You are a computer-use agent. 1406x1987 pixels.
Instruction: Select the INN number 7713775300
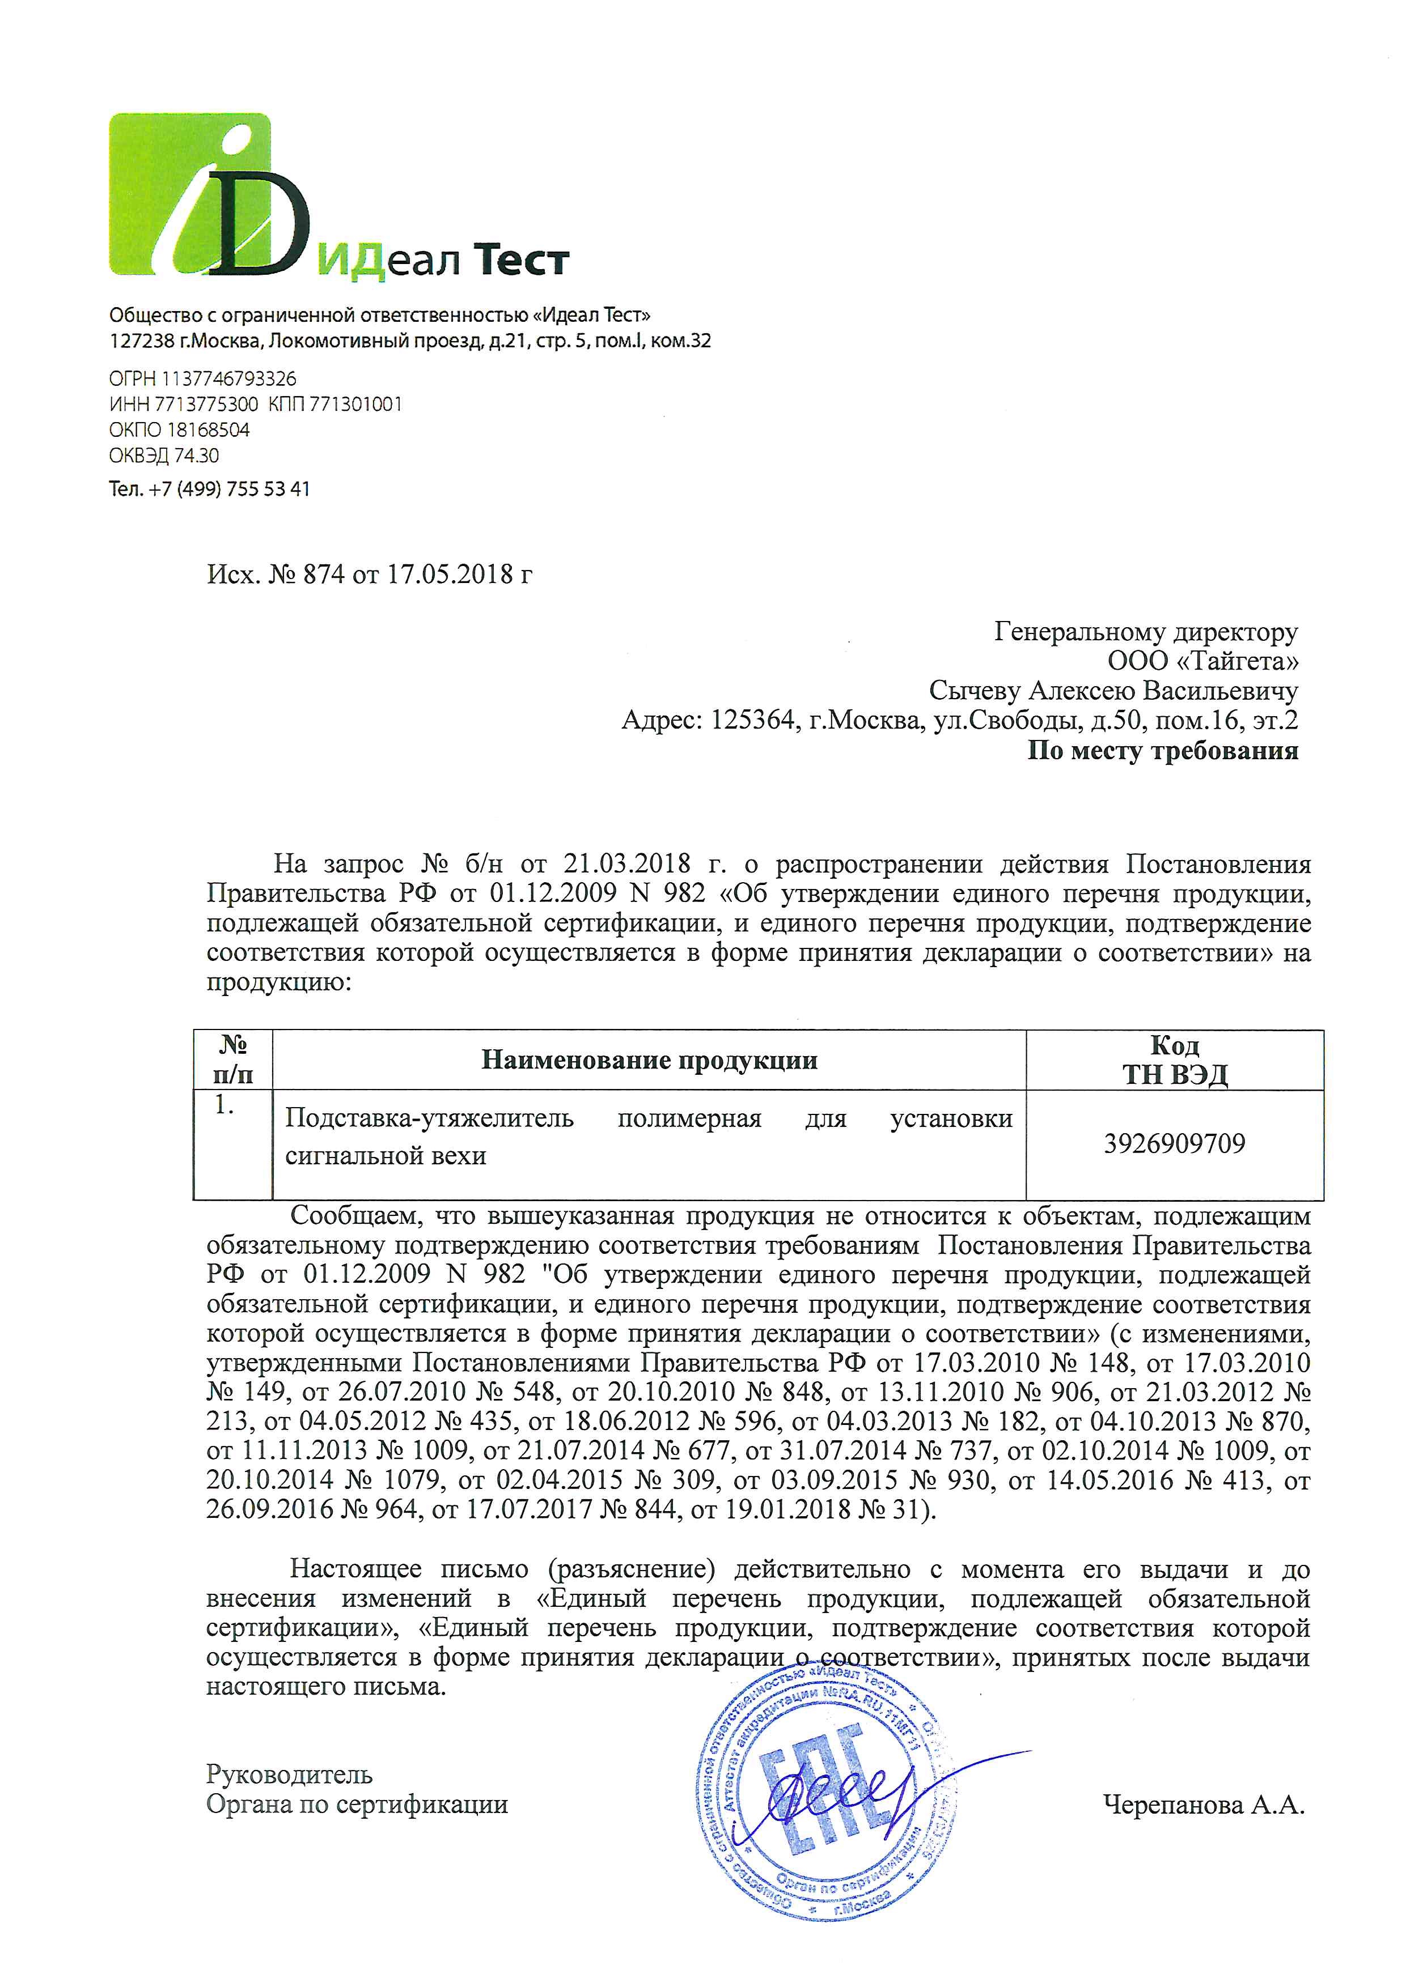(206, 404)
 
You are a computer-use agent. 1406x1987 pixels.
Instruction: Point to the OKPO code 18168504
(208, 429)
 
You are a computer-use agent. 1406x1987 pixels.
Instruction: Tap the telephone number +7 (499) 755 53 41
(228, 489)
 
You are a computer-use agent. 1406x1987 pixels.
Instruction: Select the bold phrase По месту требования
(1163, 750)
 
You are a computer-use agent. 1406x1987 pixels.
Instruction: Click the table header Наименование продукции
(649, 1060)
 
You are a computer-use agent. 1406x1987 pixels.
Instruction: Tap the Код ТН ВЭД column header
(1175, 1060)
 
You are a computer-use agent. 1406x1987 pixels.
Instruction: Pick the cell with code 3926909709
(1175, 1144)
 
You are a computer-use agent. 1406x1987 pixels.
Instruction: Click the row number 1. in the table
(225, 1105)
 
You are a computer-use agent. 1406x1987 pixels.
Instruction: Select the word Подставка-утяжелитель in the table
(429, 1118)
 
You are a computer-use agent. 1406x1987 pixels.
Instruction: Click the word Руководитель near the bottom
(289, 1774)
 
